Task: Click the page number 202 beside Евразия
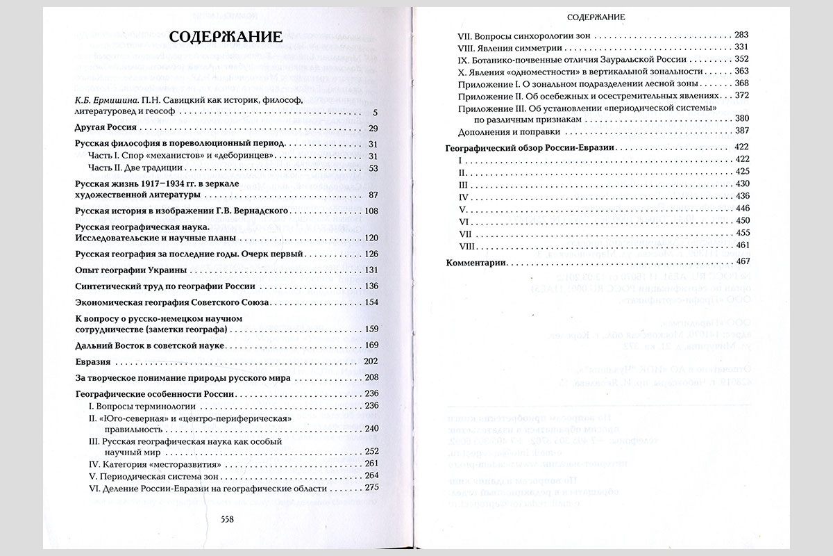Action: (369, 361)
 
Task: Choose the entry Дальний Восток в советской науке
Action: (149, 345)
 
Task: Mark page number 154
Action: (369, 302)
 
